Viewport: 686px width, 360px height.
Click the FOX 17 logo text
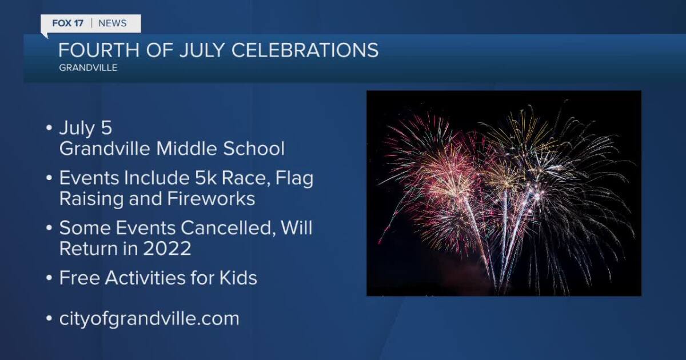click(67, 23)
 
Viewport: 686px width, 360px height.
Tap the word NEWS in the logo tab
click(112, 23)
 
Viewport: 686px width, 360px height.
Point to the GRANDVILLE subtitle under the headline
click(87, 68)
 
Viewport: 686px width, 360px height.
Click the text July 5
click(86, 129)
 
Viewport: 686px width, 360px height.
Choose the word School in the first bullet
click(256, 149)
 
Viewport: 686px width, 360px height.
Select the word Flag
click(294, 179)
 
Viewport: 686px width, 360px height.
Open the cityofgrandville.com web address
click(149, 318)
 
